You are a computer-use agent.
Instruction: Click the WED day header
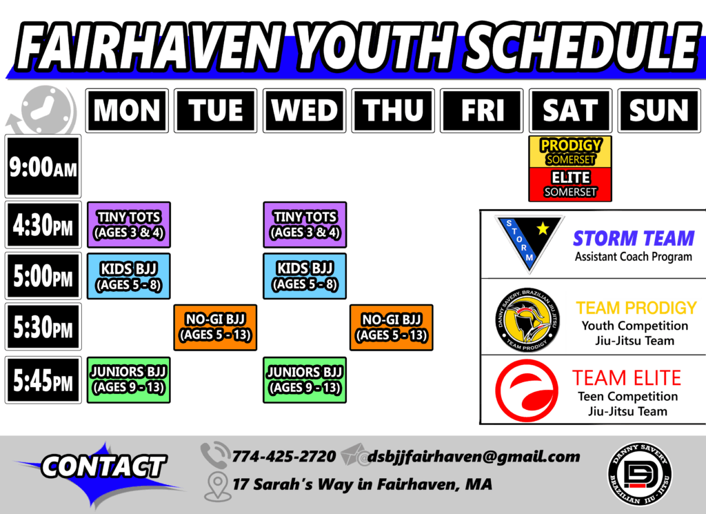coord(304,110)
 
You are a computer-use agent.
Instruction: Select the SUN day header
coord(659,110)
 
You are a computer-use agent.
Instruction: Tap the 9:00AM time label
coord(43,166)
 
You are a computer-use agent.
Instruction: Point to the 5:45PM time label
coord(43,379)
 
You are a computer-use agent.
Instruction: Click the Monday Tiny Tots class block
coord(129,225)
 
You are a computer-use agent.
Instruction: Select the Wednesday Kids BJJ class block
coord(305,276)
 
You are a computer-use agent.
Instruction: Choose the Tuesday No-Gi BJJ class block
coord(215,328)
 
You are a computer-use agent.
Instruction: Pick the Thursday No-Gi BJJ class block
coord(392,328)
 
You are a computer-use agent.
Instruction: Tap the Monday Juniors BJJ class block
coord(129,379)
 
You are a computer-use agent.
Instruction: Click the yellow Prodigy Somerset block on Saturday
coord(570,152)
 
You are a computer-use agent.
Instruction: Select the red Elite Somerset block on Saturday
coord(570,184)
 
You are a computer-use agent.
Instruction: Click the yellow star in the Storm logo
coord(543,229)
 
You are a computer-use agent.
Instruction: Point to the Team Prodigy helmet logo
coord(527,320)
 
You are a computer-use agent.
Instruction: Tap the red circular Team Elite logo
coord(527,391)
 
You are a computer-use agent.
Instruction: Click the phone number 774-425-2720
coord(283,456)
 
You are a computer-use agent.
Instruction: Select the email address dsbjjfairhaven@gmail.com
coord(474,457)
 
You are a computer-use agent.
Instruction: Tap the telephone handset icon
coord(214,455)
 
